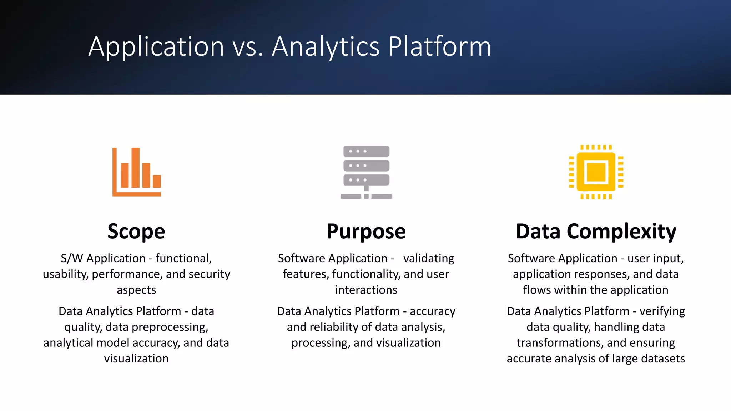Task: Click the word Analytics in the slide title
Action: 326,46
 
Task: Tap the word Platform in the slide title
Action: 439,46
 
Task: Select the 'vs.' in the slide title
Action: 248,47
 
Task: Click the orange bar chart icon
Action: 137,172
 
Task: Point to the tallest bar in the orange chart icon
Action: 135,167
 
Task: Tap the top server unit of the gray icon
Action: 366,151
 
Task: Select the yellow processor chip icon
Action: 596,172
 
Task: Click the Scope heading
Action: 136,231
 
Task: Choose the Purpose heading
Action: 366,231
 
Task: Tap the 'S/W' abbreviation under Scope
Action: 72,258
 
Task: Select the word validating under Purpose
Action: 429,258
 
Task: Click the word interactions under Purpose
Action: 366,290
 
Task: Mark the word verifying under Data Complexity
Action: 662,311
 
